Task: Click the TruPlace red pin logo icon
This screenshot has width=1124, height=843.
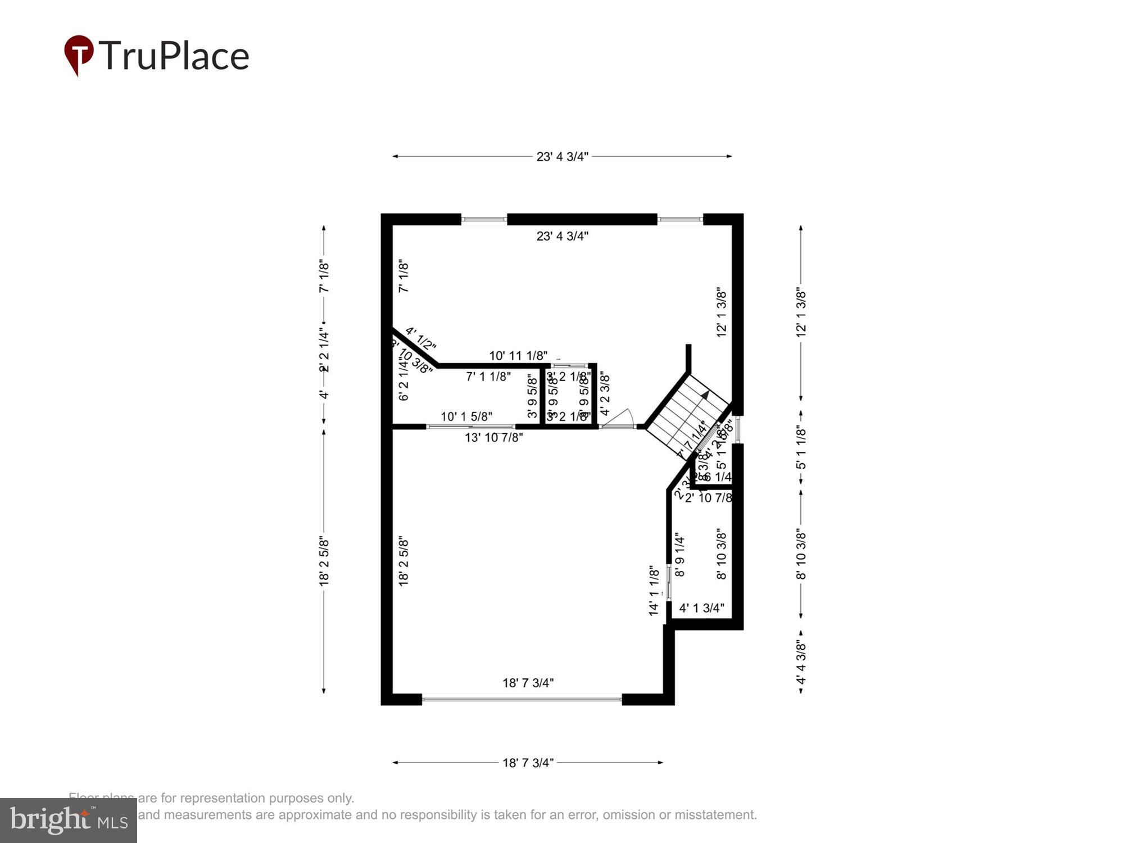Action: point(79,55)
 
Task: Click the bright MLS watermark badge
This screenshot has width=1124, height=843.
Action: point(68,821)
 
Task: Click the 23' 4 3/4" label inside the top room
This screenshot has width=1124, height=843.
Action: point(562,236)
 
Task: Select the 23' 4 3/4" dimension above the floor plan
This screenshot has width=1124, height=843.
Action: point(562,157)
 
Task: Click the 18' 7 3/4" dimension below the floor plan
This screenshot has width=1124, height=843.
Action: point(528,763)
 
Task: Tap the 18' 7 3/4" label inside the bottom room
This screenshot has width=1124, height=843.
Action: point(528,683)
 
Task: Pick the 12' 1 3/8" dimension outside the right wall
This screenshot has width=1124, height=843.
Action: point(801,314)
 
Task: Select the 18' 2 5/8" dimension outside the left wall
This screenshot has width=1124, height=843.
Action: point(324,562)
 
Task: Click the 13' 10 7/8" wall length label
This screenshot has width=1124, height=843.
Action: point(493,437)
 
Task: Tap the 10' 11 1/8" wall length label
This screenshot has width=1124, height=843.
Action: point(518,356)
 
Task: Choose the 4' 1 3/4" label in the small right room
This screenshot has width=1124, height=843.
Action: point(701,608)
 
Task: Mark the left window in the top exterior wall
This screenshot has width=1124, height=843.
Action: point(484,220)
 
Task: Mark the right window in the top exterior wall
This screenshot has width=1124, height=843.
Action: point(680,220)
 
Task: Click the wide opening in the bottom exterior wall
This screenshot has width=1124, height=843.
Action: point(522,700)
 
